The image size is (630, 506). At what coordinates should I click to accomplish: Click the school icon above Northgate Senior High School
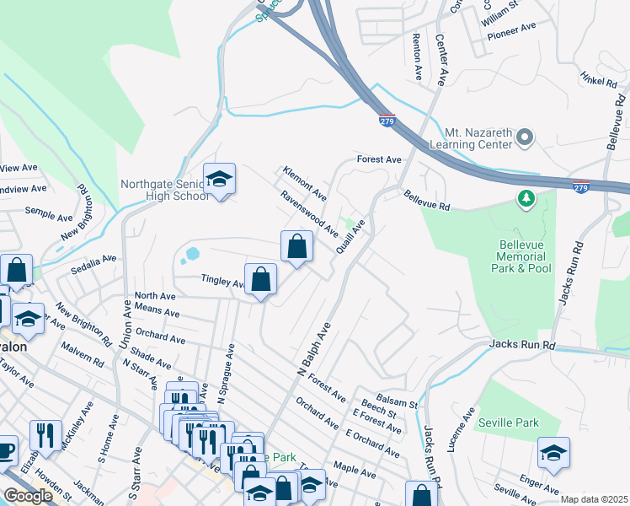click(219, 179)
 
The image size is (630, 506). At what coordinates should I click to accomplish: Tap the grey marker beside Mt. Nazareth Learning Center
click(526, 137)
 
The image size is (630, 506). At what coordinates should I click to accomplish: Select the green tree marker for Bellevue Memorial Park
click(526, 198)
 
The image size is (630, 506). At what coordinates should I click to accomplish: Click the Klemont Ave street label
click(304, 182)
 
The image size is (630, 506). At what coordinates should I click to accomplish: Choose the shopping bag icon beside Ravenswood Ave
click(296, 246)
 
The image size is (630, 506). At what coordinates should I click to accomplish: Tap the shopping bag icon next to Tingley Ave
click(261, 278)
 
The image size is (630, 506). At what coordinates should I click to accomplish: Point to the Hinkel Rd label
click(598, 79)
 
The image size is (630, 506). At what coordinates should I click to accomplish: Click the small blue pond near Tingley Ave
click(194, 253)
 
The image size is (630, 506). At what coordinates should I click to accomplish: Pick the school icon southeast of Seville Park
click(553, 453)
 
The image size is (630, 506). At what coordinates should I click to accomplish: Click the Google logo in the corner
click(28, 496)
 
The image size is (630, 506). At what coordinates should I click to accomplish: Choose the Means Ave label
click(157, 311)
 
